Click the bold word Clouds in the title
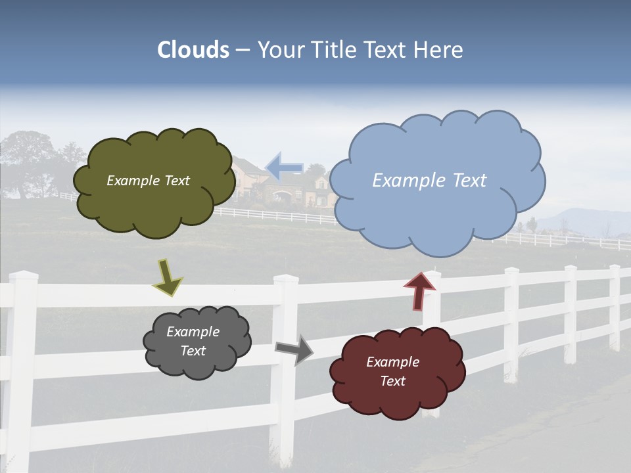click(193, 50)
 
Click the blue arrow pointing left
click(284, 167)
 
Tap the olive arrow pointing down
click(168, 277)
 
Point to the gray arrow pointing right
click(294, 349)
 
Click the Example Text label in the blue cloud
click(429, 181)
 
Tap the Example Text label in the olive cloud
click(148, 181)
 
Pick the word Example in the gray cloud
click(193, 332)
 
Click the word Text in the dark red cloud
click(392, 381)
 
